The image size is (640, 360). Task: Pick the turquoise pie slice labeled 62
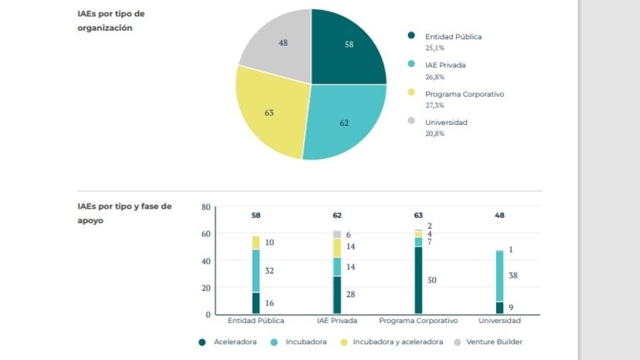pos(344,122)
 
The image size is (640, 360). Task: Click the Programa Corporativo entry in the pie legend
pos(464,94)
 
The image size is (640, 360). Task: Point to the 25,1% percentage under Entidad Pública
pos(435,47)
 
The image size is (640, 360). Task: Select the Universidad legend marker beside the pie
pos(411,121)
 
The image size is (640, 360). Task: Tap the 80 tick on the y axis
pos(206,207)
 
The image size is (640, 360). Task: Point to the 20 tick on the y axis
pos(206,287)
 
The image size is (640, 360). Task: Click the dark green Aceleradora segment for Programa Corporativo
pos(418,280)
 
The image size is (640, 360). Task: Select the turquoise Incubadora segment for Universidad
pos(499,276)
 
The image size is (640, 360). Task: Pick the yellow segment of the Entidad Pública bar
pos(256,242)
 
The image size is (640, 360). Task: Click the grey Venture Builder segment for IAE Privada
pos(337,234)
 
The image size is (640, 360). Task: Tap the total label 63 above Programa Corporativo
pos(418,216)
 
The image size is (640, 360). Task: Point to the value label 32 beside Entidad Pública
pos(269,271)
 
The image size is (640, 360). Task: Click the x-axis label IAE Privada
pos(337,321)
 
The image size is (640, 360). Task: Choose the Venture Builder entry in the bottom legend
pos(494,342)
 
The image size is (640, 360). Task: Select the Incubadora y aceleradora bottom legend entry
pos(397,342)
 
